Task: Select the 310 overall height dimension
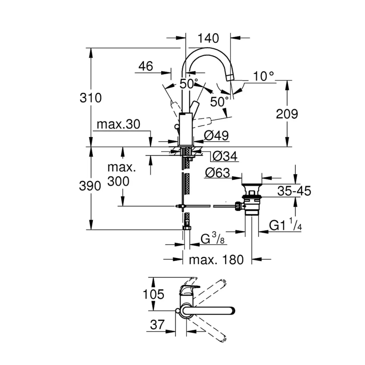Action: [x=91, y=97]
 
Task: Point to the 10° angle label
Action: [x=264, y=76]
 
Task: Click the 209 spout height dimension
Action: [x=287, y=114]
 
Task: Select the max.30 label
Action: [x=119, y=124]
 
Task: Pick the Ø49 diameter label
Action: [x=216, y=135]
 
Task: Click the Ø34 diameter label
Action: [x=225, y=156]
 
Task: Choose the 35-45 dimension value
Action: [x=294, y=191]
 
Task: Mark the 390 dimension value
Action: [x=91, y=186]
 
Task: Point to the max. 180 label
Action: [x=216, y=259]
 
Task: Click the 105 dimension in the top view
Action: [x=154, y=294]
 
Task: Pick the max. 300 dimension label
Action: [x=119, y=175]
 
